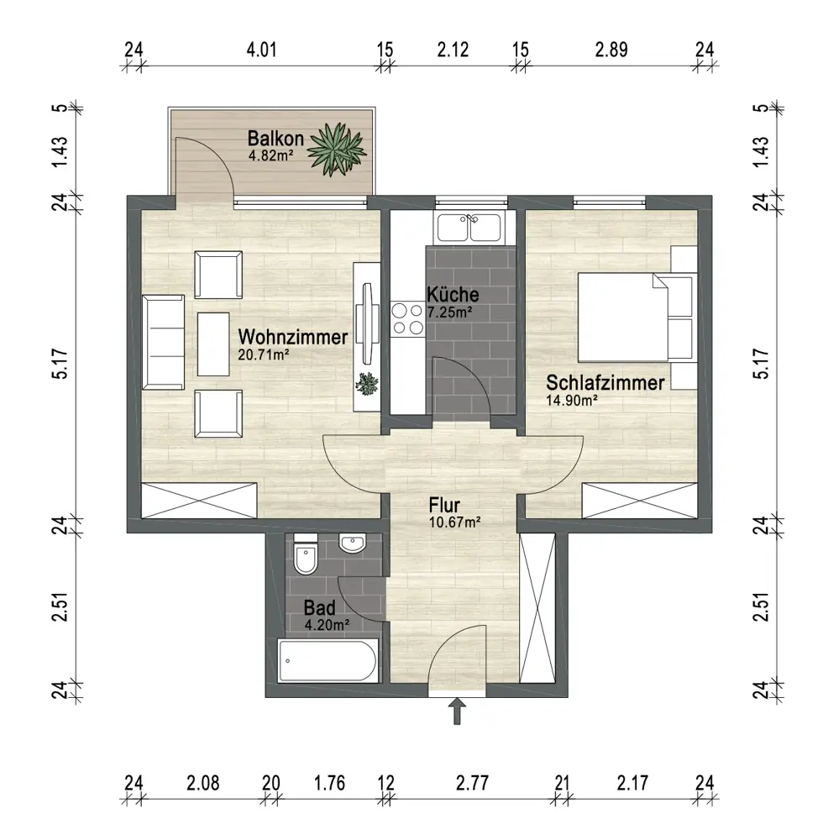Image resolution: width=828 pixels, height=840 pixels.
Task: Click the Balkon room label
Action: tap(275, 139)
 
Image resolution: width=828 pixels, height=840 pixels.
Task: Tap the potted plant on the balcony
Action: tap(338, 149)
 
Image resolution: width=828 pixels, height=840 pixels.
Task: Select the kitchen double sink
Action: tap(469, 227)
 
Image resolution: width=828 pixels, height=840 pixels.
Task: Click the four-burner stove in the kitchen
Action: tap(407, 318)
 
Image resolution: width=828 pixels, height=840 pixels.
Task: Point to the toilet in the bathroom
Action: tap(306, 554)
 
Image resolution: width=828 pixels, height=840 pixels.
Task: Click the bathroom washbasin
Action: tap(353, 543)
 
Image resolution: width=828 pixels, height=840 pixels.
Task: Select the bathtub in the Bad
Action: tap(328, 660)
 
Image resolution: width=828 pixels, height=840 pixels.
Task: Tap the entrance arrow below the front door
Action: tap(457, 711)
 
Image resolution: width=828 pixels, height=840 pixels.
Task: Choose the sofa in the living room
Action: tap(164, 342)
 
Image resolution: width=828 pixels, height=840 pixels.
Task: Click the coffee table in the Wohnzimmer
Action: tap(213, 344)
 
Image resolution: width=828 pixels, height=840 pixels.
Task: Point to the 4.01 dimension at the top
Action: tap(261, 50)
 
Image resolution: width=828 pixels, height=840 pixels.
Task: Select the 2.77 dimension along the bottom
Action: tap(473, 783)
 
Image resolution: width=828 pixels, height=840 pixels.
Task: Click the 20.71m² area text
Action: tap(264, 354)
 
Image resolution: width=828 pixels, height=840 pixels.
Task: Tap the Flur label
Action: tap(444, 505)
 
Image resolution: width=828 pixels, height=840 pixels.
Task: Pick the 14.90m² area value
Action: tap(572, 400)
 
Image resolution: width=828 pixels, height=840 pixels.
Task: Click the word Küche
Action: tap(453, 294)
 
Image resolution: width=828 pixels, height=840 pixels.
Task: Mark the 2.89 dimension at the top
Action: tap(611, 50)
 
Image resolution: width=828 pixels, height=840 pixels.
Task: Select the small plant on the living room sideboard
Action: tap(367, 384)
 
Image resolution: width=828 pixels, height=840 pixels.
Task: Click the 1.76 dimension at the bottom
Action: tap(329, 783)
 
